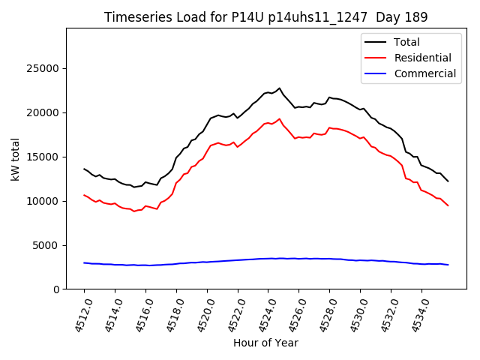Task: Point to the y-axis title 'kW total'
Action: tap(15, 159)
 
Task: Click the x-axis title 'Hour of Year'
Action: tap(265, 343)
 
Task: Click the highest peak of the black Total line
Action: tap(280, 88)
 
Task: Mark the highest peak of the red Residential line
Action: tap(280, 118)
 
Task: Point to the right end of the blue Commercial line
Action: tap(448, 265)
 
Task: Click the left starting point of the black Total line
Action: tap(84, 169)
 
